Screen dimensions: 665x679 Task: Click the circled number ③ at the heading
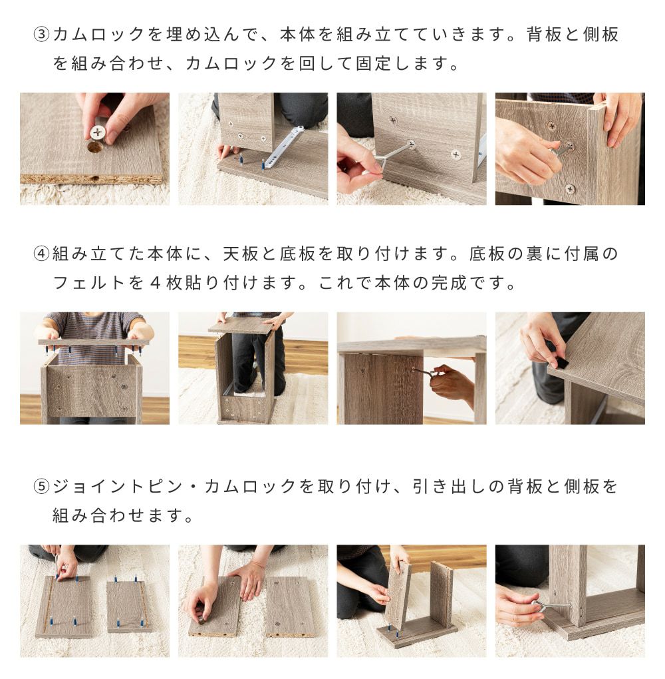(41, 34)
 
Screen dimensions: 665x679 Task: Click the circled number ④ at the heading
(41, 254)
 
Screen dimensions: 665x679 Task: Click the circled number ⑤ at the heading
(41, 487)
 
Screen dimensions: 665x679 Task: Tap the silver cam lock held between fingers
(98, 131)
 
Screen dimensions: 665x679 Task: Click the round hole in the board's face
(95, 147)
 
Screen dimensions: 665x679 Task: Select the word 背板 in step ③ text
(544, 34)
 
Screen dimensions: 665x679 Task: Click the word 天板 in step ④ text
(240, 254)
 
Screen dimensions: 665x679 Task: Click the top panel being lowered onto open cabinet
(243, 324)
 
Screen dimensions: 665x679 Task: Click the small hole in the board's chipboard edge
(96, 178)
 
